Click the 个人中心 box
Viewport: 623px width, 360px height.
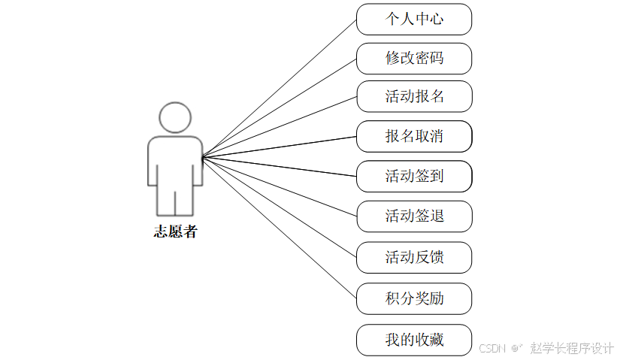[414, 19]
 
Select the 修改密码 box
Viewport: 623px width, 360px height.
[414, 59]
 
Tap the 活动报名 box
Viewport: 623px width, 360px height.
[414, 96]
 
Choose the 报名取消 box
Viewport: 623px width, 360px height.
[414, 136]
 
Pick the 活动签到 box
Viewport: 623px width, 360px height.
[414, 177]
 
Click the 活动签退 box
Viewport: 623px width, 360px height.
[414, 216]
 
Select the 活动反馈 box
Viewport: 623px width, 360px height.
[414, 257]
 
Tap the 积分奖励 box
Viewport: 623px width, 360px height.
[414, 298]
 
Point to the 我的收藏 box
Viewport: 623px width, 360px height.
[414, 340]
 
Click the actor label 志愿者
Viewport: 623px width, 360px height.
[175, 231]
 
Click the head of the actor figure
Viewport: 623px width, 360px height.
[175, 117]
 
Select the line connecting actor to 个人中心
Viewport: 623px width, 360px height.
[279, 87]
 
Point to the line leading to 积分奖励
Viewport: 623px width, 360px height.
[279, 228]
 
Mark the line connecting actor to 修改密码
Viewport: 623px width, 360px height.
[279, 107]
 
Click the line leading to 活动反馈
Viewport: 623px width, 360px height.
[279, 207]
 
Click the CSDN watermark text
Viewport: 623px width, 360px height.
[493, 349]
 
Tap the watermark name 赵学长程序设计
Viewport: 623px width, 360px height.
[572, 349]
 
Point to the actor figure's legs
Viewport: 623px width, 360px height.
[175, 201]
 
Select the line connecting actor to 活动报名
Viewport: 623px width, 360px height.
[279, 127]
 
